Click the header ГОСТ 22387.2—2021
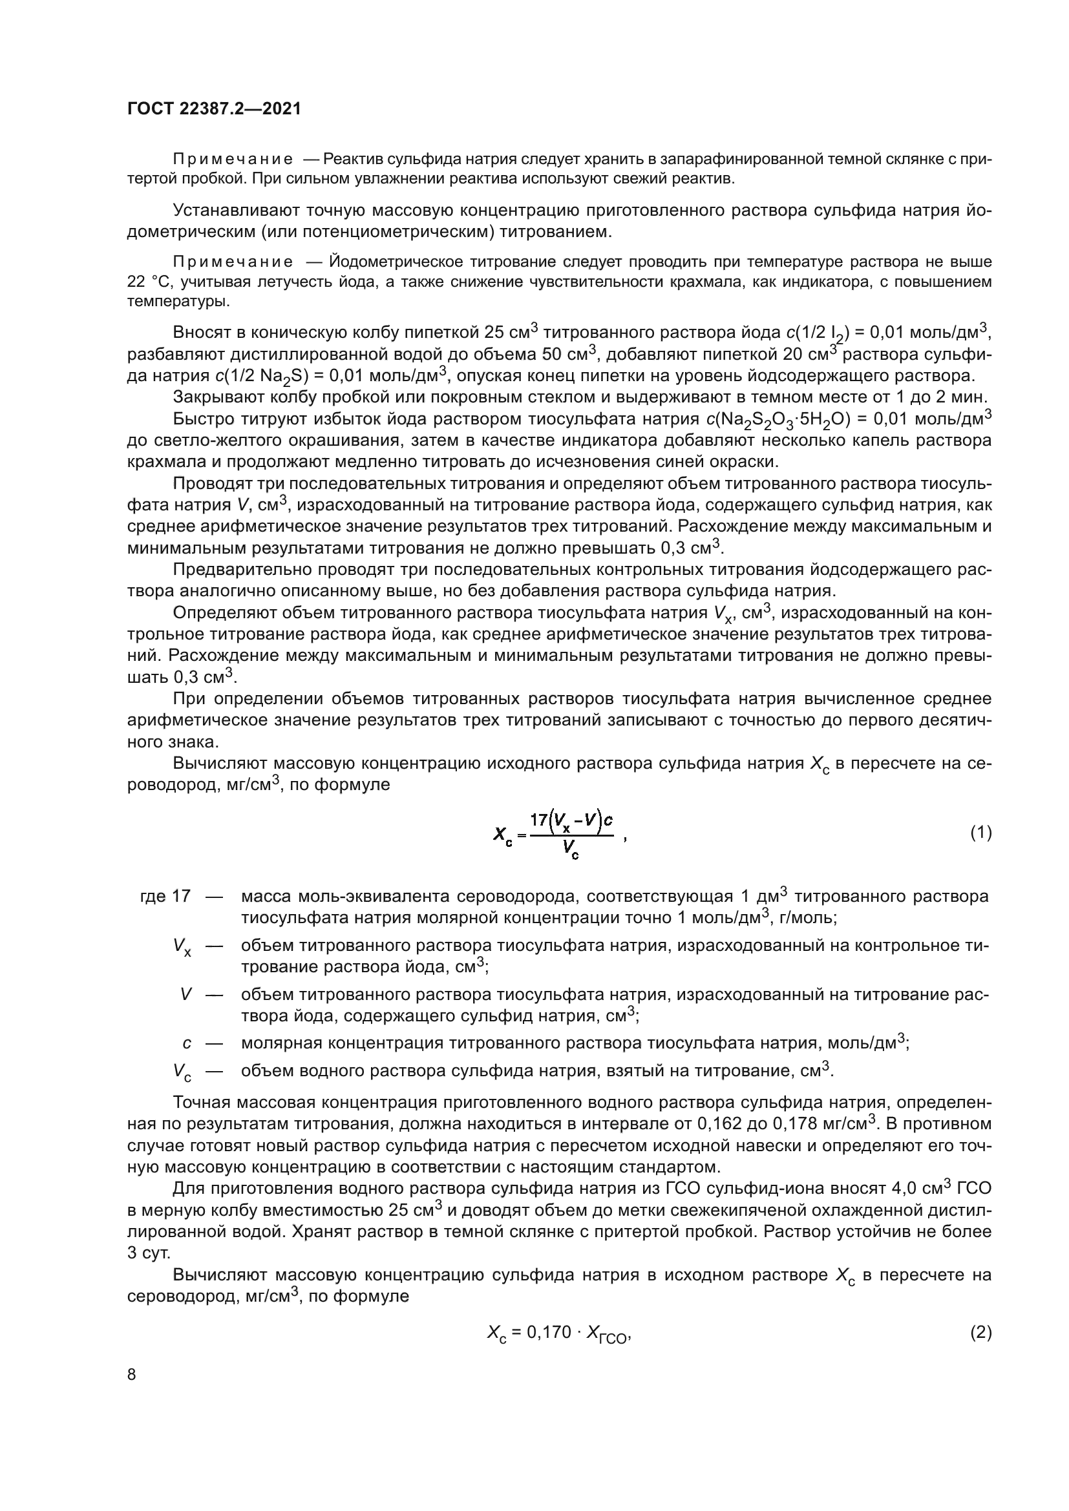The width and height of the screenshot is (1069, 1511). [214, 109]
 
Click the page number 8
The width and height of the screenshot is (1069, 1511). [132, 1374]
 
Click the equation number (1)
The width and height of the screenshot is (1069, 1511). [980, 833]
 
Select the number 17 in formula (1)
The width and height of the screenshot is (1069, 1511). [538, 820]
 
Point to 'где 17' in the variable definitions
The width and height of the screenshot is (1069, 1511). [165, 897]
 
